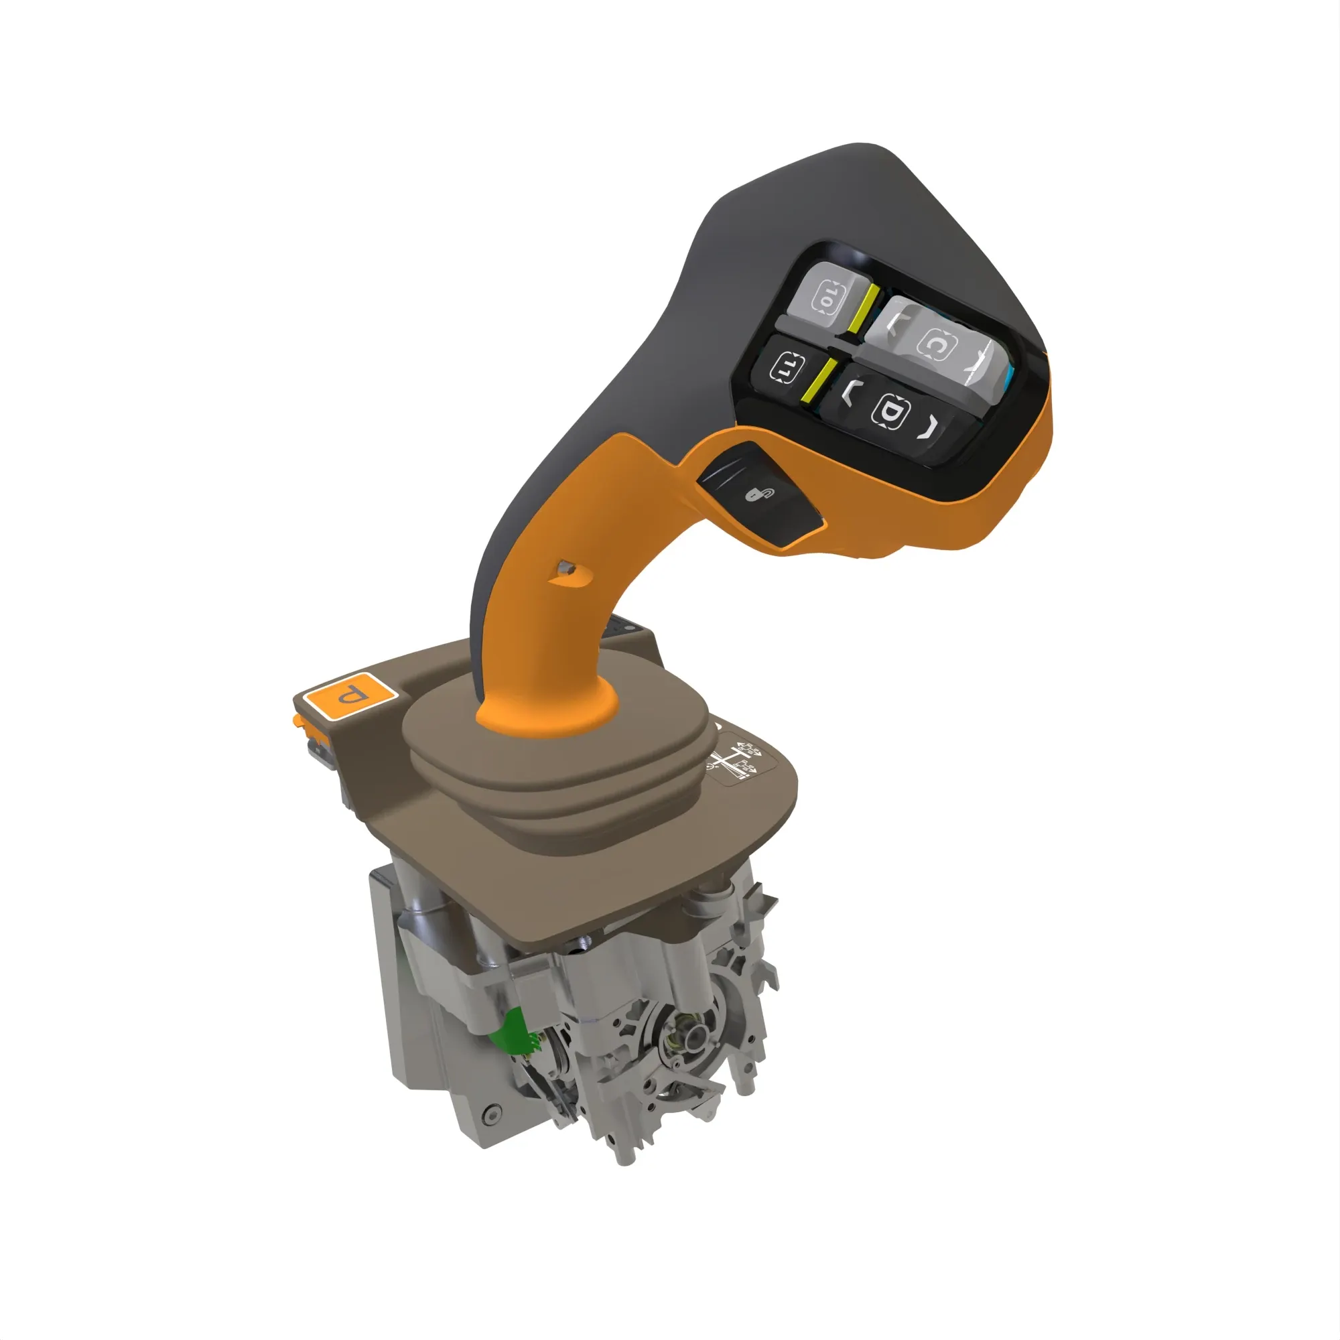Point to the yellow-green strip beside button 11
(819, 381)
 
